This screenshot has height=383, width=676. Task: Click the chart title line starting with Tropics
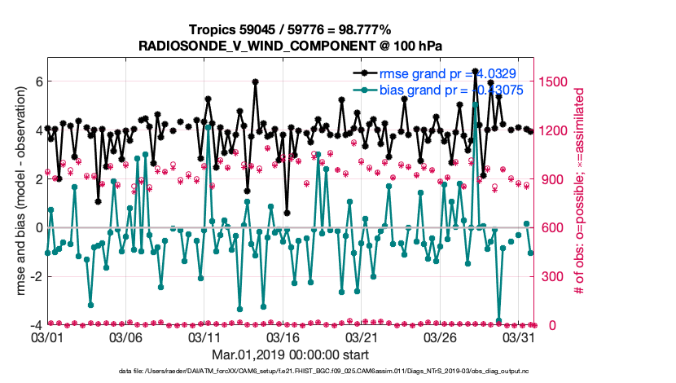[290, 30]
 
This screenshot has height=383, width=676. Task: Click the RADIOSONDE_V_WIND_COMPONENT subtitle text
[290, 45]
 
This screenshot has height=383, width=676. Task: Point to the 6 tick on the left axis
[37, 81]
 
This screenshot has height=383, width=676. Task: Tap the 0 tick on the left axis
[37, 227]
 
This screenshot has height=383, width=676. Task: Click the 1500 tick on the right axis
[550, 81]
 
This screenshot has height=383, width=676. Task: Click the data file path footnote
[327, 372]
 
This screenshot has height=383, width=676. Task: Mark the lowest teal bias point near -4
[498, 321]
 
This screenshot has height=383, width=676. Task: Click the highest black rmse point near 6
[255, 81]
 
